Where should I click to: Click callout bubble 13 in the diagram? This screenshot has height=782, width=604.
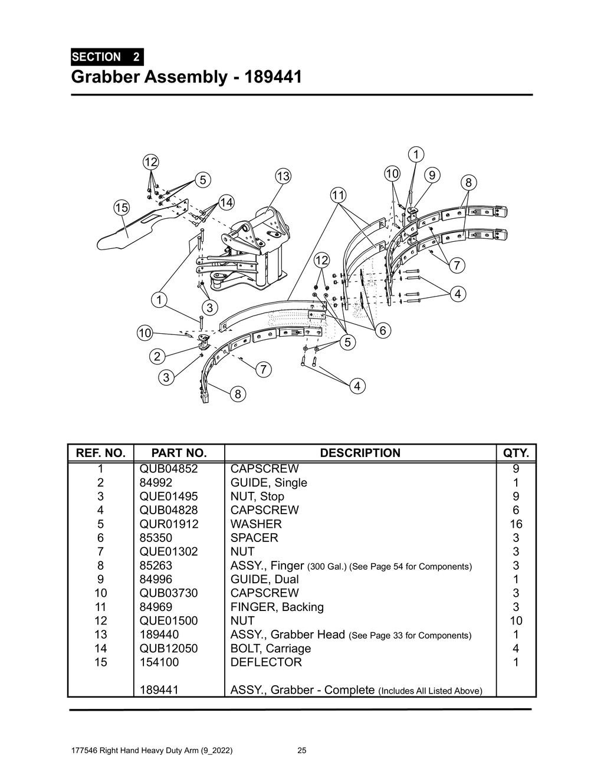click(x=283, y=176)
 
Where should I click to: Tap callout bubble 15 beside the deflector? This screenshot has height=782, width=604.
click(x=122, y=207)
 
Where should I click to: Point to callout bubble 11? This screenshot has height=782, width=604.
click(x=338, y=195)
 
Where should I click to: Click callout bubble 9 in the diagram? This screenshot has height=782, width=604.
click(x=432, y=175)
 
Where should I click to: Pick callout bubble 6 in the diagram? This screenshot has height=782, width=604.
click(x=382, y=330)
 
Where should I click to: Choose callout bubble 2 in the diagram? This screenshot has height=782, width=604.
click(x=157, y=356)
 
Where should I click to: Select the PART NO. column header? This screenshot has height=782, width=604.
click(x=179, y=453)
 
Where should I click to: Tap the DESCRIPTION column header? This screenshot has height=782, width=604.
click(x=360, y=453)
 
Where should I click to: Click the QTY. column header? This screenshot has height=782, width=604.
click(x=516, y=453)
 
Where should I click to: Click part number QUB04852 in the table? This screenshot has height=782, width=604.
click(x=169, y=469)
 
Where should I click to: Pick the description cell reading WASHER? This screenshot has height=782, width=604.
click(x=256, y=524)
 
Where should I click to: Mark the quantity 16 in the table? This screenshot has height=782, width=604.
click(x=516, y=524)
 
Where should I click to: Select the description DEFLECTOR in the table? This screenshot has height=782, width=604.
click(x=266, y=662)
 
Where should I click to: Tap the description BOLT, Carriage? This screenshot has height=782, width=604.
click(x=271, y=649)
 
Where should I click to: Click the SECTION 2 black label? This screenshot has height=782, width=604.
click(x=106, y=57)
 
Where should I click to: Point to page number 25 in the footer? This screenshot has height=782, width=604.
click(x=302, y=751)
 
